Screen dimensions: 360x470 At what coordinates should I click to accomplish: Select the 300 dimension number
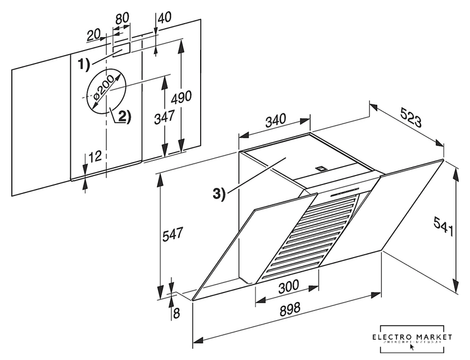click(288, 286)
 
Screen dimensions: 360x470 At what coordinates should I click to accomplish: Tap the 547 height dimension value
click(173, 234)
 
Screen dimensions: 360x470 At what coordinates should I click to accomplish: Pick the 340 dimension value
click(275, 119)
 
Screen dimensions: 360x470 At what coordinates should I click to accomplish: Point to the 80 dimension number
click(121, 17)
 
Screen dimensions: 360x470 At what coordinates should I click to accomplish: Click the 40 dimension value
click(164, 17)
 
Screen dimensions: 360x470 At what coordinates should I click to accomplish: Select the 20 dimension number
click(94, 35)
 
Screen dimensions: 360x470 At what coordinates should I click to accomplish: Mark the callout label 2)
click(124, 116)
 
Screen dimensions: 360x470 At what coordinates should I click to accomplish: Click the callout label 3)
click(219, 194)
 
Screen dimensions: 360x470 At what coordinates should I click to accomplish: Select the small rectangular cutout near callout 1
click(121, 49)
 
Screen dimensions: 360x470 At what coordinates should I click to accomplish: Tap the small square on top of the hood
click(322, 167)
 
